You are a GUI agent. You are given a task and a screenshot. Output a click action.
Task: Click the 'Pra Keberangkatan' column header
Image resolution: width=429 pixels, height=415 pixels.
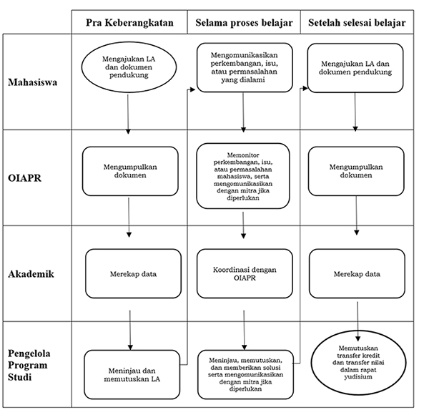pyautogui.click(x=129, y=23)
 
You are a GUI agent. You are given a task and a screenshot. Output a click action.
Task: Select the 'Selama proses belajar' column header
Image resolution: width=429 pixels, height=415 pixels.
pyautogui.click(x=244, y=23)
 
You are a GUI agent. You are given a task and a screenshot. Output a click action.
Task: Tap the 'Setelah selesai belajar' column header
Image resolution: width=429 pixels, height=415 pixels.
pyautogui.click(x=357, y=23)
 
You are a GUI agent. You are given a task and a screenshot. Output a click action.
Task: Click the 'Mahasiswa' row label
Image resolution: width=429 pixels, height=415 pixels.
pyautogui.click(x=33, y=82)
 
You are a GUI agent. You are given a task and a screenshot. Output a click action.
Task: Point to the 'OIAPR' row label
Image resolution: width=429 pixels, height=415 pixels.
pyautogui.click(x=24, y=178)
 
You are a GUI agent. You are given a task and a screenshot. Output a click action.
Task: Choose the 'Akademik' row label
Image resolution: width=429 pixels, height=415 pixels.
pyautogui.click(x=31, y=274)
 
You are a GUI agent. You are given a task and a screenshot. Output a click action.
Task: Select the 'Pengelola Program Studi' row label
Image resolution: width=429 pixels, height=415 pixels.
pyautogui.click(x=29, y=365)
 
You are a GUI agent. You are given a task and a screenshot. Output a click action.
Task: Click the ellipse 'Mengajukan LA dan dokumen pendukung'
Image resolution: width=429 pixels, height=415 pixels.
pyautogui.click(x=129, y=67)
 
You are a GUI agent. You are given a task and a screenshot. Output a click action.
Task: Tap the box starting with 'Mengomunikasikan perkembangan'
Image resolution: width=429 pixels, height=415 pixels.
pyautogui.click(x=245, y=67)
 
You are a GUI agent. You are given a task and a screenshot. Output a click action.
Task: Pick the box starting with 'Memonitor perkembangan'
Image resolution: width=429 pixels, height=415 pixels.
pyautogui.click(x=243, y=176)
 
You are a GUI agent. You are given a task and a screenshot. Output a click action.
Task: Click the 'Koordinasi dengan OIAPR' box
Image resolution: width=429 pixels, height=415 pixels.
pyautogui.click(x=245, y=273)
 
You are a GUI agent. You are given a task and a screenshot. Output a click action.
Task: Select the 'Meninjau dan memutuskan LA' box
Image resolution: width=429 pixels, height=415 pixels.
pyautogui.click(x=132, y=374)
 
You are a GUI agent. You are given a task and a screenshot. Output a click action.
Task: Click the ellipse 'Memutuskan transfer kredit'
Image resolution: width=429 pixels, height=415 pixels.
pyautogui.click(x=358, y=363)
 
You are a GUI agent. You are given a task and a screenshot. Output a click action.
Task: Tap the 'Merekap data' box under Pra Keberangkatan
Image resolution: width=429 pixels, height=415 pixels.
pyautogui.click(x=133, y=273)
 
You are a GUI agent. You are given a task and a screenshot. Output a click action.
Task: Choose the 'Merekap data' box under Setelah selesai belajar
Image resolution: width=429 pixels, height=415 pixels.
pyautogui.click(x=357, y=273)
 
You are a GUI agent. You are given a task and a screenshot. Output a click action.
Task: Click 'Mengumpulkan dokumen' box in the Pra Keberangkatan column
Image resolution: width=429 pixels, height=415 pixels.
pyautogui.click(x=130, y=171)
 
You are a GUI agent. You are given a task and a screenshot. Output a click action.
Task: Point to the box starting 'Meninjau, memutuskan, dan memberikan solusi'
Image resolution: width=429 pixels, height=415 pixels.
pyautogui.click(x=245, y=374)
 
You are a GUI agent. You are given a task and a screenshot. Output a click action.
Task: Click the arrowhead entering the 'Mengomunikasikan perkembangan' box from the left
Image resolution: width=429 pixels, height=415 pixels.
pyautogui.click(x=192, y=89)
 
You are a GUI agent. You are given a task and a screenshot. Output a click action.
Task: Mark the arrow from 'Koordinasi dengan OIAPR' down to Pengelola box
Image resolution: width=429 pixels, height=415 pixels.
pyautogui.click(x=244, y=330)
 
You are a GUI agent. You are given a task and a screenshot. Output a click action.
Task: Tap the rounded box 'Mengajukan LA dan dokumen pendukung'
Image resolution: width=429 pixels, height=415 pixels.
pyautogui.click(x=355, y=68)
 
